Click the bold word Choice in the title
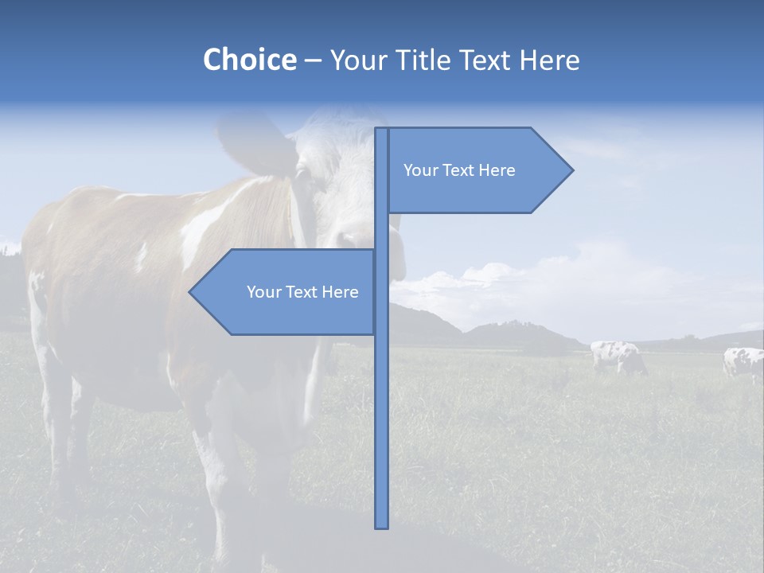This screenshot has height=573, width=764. [249, 60]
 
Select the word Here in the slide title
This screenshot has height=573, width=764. [549, 60]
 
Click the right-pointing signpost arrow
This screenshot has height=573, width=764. [477, 170]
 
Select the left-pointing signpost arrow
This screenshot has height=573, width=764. [286, 292]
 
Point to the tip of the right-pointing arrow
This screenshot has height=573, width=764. [571, 170]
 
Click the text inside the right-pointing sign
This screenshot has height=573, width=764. [459, 170]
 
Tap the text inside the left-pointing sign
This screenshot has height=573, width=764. [302, 292]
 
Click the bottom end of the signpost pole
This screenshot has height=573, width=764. [382, 525]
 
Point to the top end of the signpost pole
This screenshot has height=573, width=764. [382, 131]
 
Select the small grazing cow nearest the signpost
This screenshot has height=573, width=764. [618, 356]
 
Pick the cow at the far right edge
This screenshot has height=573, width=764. [744, 362]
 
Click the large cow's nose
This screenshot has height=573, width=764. [354, 239]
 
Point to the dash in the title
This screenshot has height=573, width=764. [313, 60]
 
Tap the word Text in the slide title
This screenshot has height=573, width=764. [487, 60]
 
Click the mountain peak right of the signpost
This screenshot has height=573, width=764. [521, 323]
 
